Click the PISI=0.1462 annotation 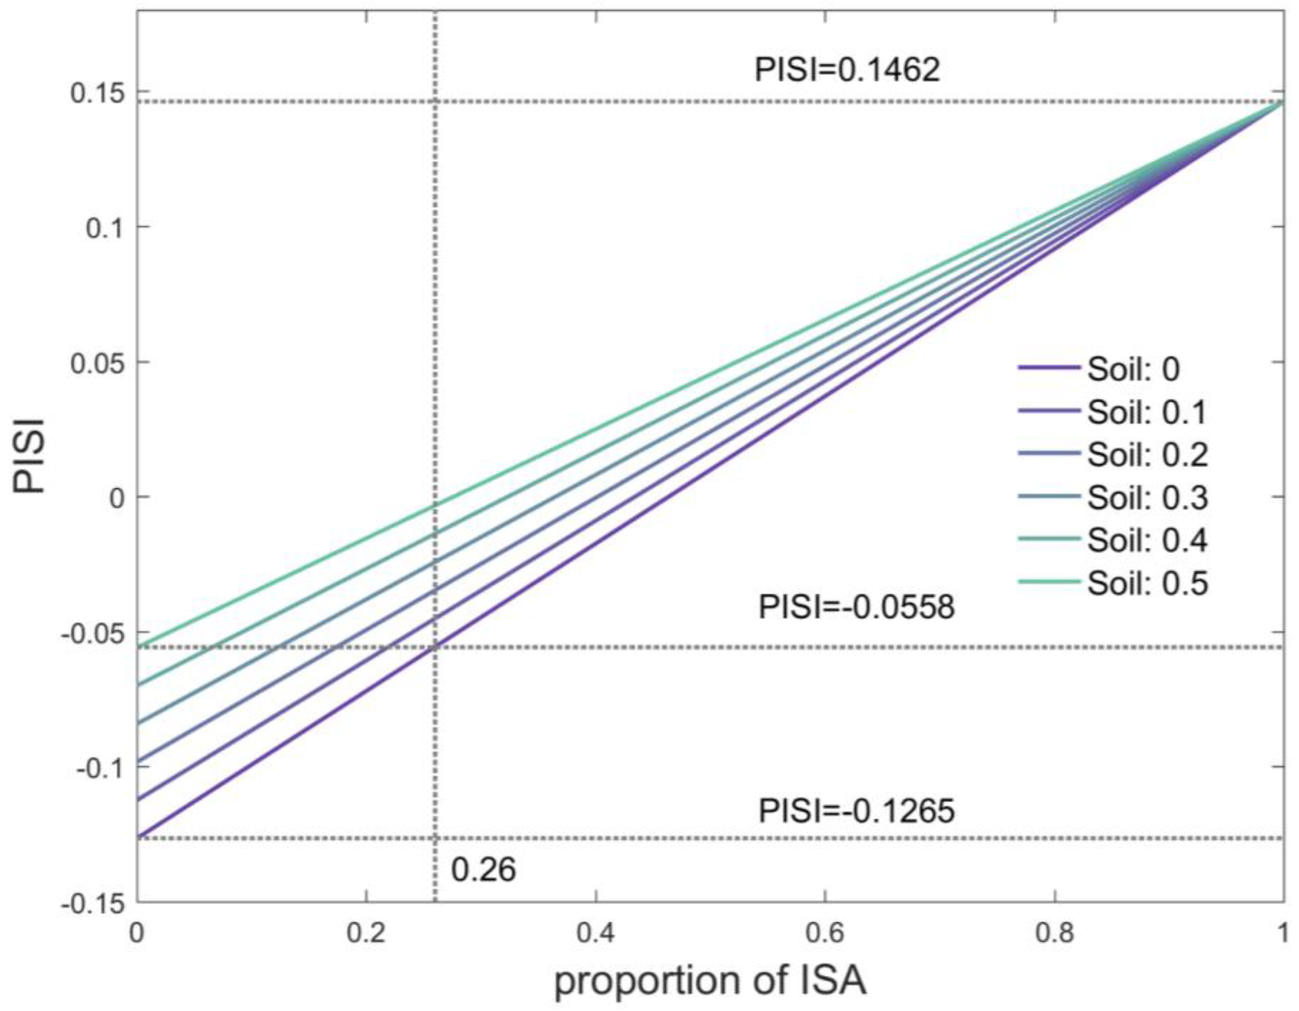click(847, 70)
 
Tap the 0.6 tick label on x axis click(824, 934)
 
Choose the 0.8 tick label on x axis click(1054, 934)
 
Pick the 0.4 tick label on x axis click(595, 934)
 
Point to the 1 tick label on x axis click(1282, 934)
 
